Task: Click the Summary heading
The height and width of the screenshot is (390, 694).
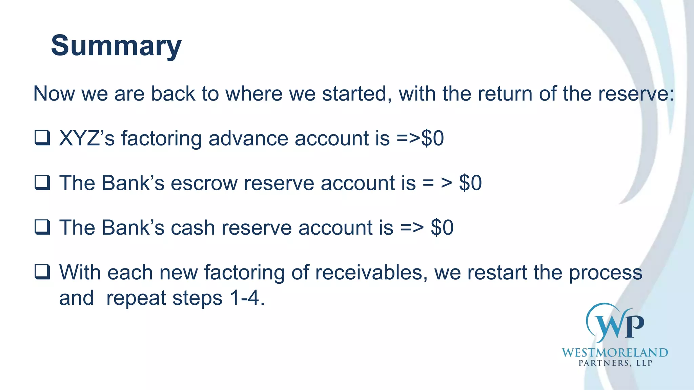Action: coord(116,46)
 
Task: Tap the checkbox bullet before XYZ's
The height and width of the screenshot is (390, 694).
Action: coord(42,138)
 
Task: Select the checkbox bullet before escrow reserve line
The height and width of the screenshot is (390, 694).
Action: coord(42,183)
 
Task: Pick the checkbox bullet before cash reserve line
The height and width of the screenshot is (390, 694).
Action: coord(42,227)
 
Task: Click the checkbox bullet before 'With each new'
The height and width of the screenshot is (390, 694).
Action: coord(42,272)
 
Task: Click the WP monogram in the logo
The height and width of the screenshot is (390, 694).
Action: coord(615,324)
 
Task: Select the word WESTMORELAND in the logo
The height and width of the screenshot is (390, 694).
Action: coord(615,353)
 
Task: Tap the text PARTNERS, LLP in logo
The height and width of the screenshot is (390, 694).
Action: coord(615,363)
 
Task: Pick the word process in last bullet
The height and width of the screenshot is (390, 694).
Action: coord(605,273)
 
